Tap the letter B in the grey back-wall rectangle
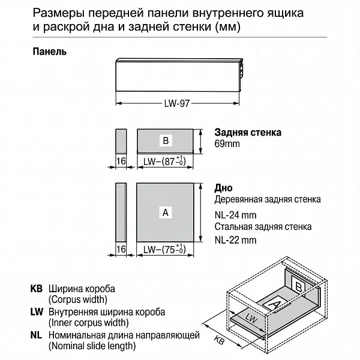click(x=166, y=140)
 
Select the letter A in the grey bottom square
click(x=166, y=212)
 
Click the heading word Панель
click(x=49, y=51)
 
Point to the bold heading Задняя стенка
click(x=248, y=133)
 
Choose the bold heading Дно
click(x=224, y=188)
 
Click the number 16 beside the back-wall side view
click(x=120, y=162)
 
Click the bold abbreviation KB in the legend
click(x=37, y=288)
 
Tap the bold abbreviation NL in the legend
click(x=37, y=335)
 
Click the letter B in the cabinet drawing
click(x=298, y=287)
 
